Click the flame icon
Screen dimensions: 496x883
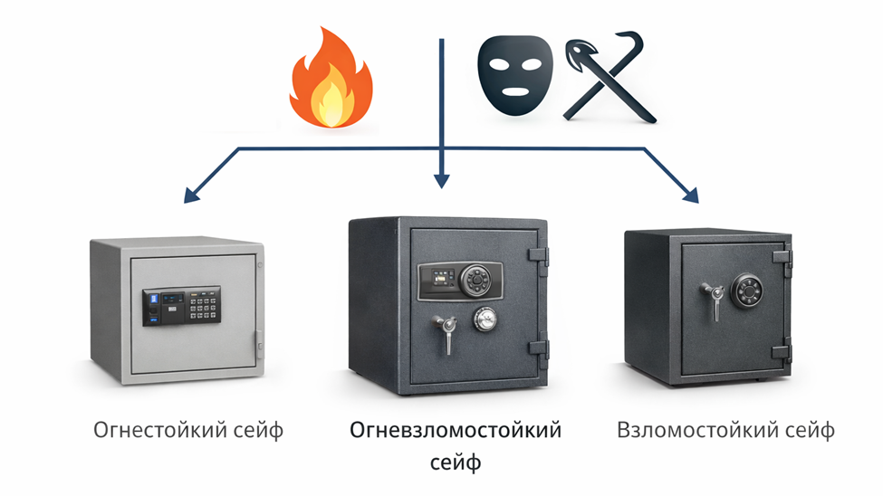(x=331, y=79)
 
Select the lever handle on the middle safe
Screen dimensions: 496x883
(x=443, y=329)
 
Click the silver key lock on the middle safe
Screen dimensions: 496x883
(x=485, y=319)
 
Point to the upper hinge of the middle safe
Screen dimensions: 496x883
(x=541, y=257)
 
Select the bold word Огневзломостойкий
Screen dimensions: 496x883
(x=456, y=429)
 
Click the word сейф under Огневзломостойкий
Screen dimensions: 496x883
(x=455, y=463)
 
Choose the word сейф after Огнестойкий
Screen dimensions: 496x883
(x=259, y=429)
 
